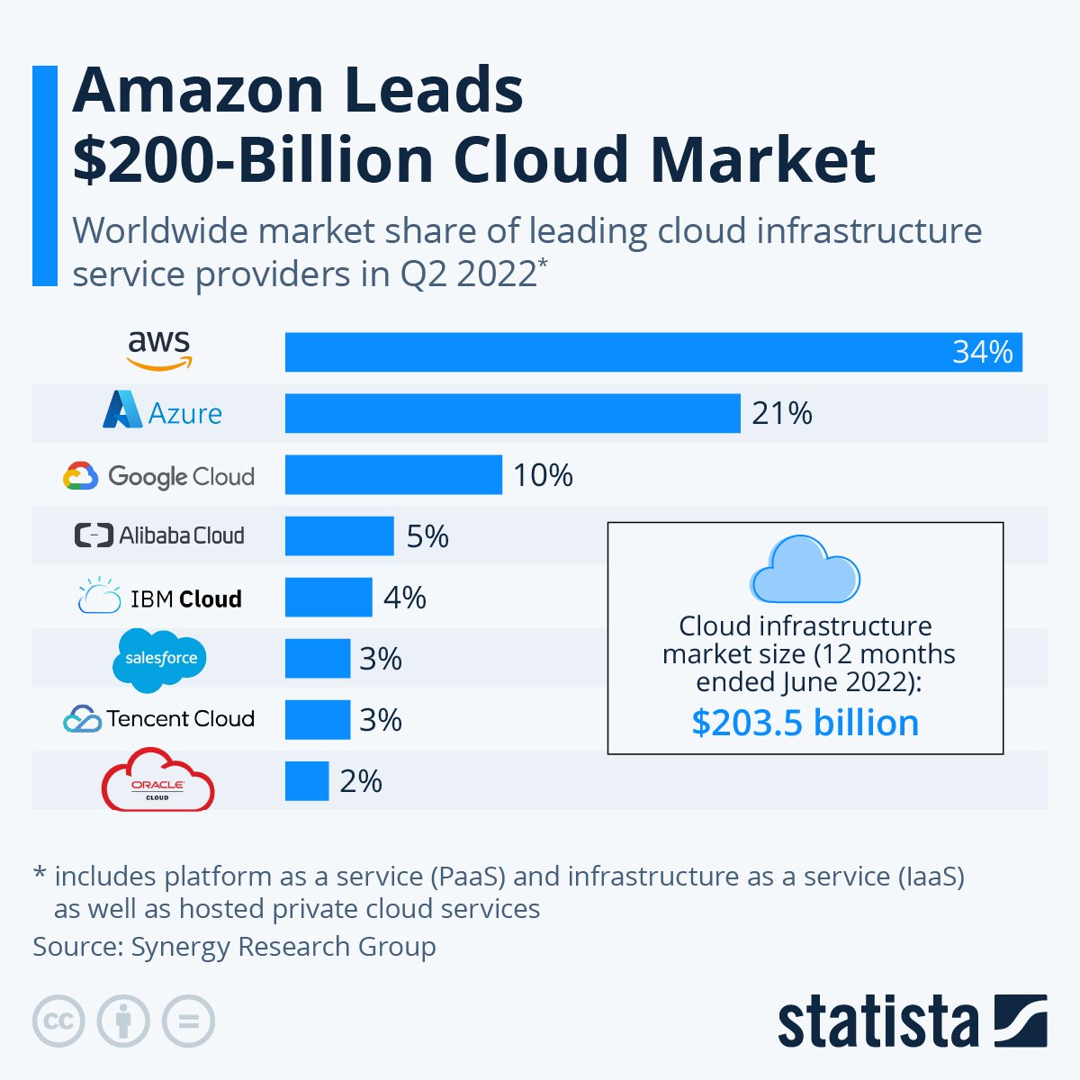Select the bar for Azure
[512, 413]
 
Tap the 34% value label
[982, 352]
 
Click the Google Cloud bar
[393, 474]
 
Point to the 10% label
[543, 475]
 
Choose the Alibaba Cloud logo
[159, 535]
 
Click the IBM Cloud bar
[328, 598]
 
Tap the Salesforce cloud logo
[160, 660]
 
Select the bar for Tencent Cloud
[318, 720]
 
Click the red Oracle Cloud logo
[157, 780]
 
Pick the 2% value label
[361, 781]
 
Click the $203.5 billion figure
[805, 723]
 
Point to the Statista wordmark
[877, 1022]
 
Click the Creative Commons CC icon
[58, 1021]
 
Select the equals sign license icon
[189, 1021]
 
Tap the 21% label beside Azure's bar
[781, 413]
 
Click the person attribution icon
[123, 1021]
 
